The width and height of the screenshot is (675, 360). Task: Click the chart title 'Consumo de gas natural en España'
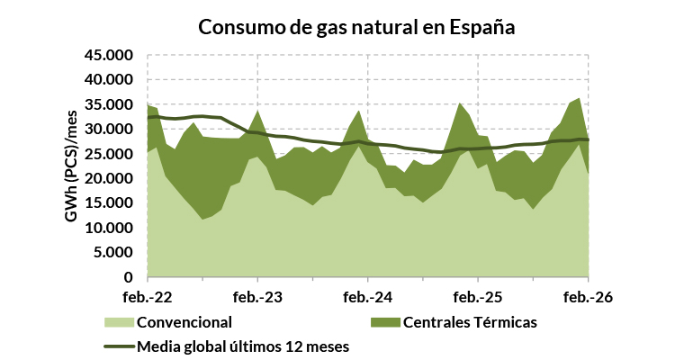point(356,26)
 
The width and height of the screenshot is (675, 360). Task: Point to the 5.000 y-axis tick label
point(112,253)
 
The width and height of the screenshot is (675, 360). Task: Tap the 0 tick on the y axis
point(129,278)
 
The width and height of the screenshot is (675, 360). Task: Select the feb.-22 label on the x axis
point(148,296)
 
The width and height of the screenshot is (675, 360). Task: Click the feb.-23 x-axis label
point(258,296)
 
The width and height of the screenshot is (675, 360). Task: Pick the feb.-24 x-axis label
point(368,296)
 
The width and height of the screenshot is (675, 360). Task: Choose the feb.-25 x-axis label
point(478,296)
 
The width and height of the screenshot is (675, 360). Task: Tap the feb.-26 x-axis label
point(588,296)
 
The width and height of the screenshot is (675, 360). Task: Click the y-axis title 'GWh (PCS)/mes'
point(69,166)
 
